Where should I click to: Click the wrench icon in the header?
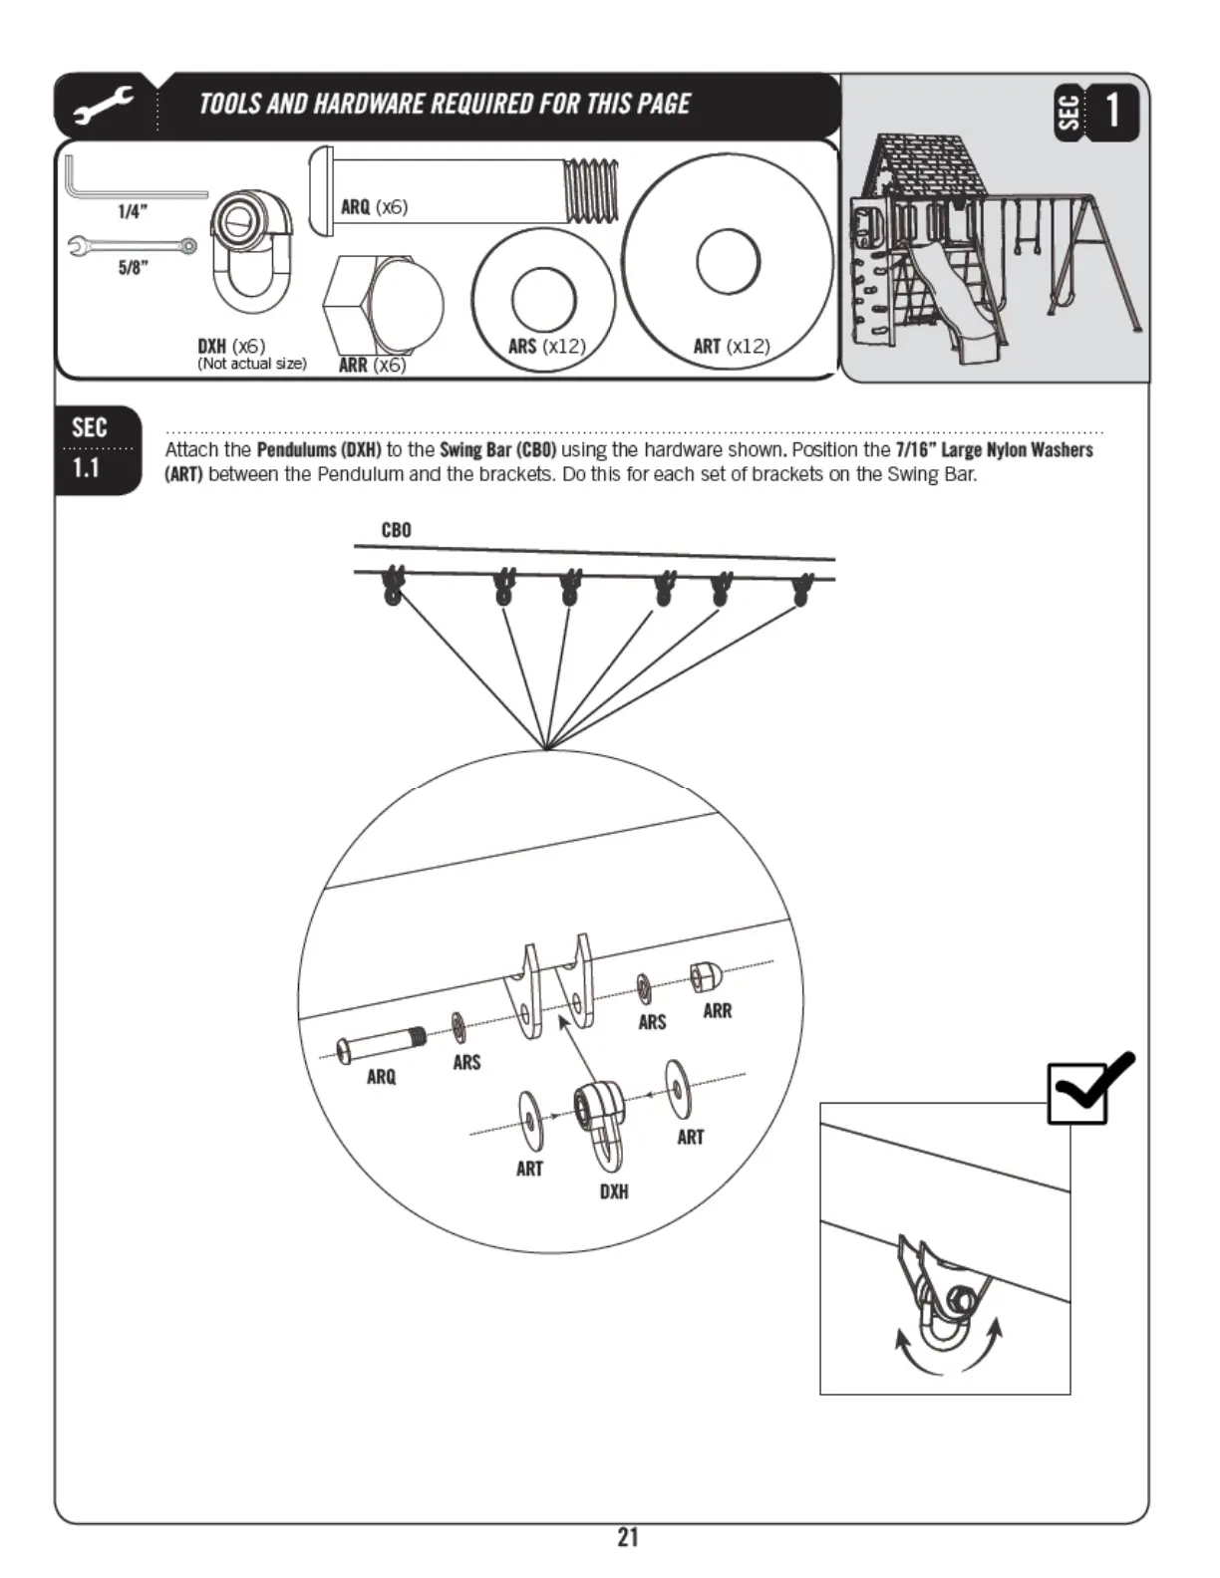point(104,107)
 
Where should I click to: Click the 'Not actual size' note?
point(251,364)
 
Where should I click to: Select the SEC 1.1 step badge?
point(97,450)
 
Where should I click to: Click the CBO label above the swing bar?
point(396,530)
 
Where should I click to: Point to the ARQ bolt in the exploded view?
point(381,1045)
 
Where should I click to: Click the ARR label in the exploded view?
point(717,1011)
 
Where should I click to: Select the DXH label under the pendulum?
point(614,1191)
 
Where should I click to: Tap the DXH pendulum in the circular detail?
point(600,1121)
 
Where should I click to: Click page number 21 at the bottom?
point(627,1537)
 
